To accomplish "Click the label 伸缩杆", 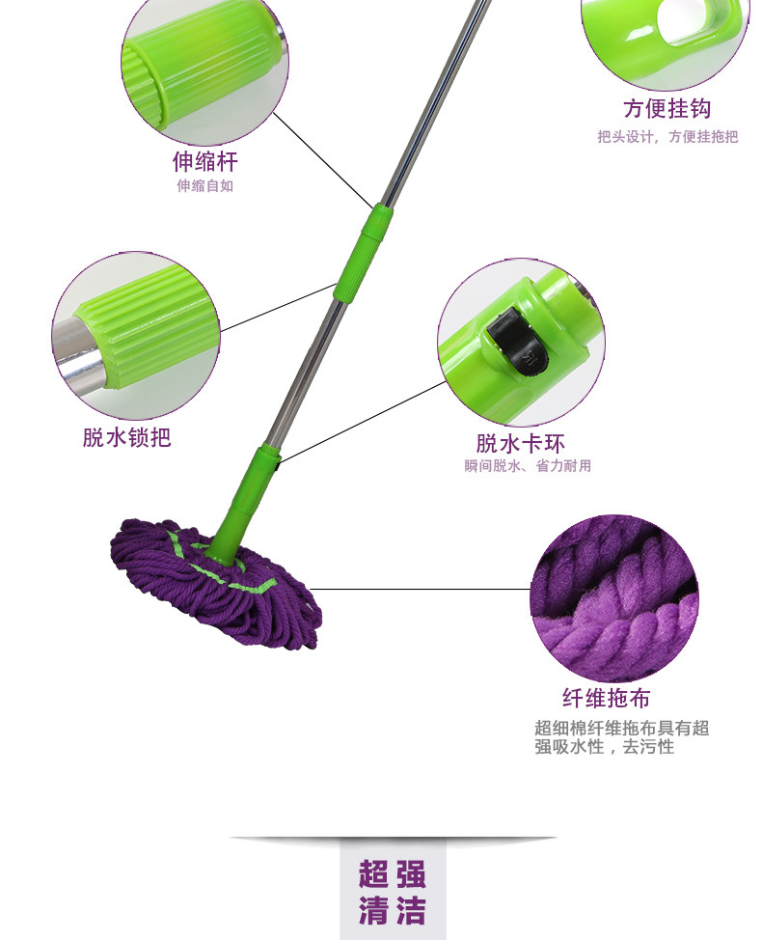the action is (x=204, y=160).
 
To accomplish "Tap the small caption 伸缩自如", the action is (x=204, y=186).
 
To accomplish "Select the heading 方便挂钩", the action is (x=667, y=109).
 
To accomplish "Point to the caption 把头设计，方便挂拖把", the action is (x=667, y=137).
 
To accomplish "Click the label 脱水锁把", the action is (x=126, y=437).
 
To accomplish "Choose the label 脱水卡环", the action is (x=520, y=444).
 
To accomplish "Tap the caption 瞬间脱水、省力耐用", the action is (x=527, y=466).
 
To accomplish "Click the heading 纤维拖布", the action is (x=612, y=698).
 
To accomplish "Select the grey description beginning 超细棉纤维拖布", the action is (x=621, y=737).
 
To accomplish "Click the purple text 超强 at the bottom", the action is (x=392, y=875).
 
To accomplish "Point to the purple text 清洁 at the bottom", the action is (x=392, y=910).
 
